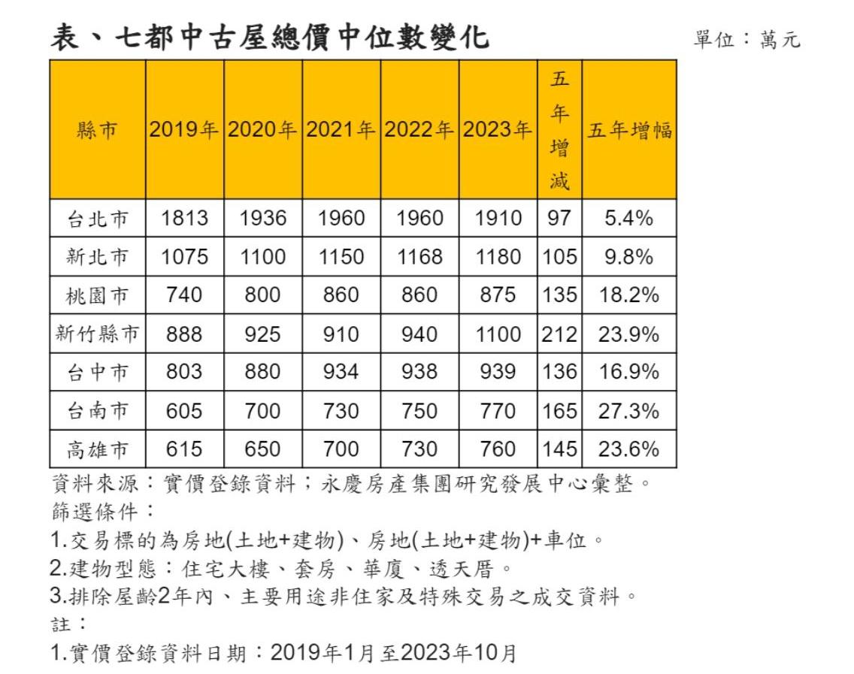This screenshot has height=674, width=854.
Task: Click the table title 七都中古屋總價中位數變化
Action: pyautogui.click(x=270, y=36)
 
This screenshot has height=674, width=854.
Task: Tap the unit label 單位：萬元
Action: pyautogui.click(x=746, y=39)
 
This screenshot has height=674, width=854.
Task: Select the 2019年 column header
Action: pyautogui.click(x=184, y=130)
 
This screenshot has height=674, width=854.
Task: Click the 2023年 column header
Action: pyautogui.click(x=498, y=130)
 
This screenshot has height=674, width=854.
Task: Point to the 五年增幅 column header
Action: pyautogui.click(x=629, y=131)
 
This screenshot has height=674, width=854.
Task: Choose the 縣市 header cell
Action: pyautogui.click(x=98, y=131)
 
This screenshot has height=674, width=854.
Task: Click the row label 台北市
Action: pyautogui.click(x=98, y=219)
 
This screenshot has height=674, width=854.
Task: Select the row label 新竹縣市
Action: pyautogui.click(x=98, y=334)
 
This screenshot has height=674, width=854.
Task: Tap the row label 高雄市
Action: pyautogui.click(x=98, y=449)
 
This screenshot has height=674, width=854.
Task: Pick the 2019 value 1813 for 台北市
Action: pyautogui.click(x=184, y=219)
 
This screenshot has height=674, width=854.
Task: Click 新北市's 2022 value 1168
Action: pyautogui.click(x=419, y=257)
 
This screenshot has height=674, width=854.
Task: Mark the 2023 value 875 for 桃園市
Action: pyautogui.click(x=498, y=295)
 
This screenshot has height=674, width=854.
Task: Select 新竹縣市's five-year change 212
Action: pyautogui.click(x=559, y=334)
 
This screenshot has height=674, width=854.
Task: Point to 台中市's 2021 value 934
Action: pyautogui.click(x=341, y=372)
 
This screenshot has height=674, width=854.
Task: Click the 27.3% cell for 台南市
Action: pyautogui.click(x=628, y=411)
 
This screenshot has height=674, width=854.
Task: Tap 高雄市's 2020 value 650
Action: pyautogui.click(x=263, y=449)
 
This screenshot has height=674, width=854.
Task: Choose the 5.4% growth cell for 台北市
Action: pyautogui.click(x=628, y=219)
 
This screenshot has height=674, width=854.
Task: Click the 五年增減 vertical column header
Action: pyautogui.click(x=559, y=129)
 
